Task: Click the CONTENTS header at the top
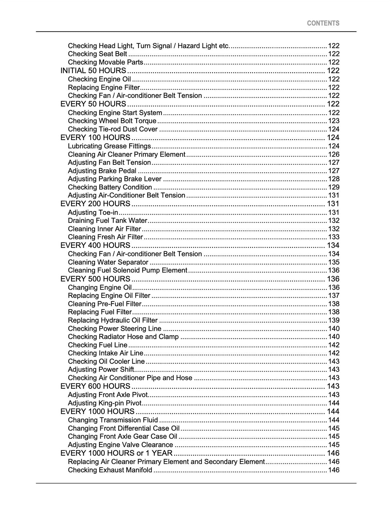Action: (x=323, y=23)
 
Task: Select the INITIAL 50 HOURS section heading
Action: (x=93, y=71)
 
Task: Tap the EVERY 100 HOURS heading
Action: (x=95, y=138)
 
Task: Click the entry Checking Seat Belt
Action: (x=97, y=54)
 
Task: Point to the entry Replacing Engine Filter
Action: (x=104, y=87)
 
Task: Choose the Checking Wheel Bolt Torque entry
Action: (x=112, y=121)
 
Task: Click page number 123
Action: (x=334, y=121)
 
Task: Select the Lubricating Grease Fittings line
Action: (x=110, y=146)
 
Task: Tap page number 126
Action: (x=334, y=155)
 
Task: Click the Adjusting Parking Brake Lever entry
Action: (x=115, y=179)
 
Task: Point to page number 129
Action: (x=334, y=187)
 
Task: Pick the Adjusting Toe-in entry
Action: (x=93, y=213)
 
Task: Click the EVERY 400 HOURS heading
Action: (x=95, y=245)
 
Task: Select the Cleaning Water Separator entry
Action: (x=108, y=262)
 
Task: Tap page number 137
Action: (x=334, y=296)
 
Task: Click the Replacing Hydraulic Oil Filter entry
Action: (x=113, y=320)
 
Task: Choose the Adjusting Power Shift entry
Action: (x=101, y=370)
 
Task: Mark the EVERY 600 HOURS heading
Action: (x=95, y=386)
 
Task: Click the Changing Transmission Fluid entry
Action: (x=113, y=420)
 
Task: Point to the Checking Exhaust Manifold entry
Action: (x=110, y=470)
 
